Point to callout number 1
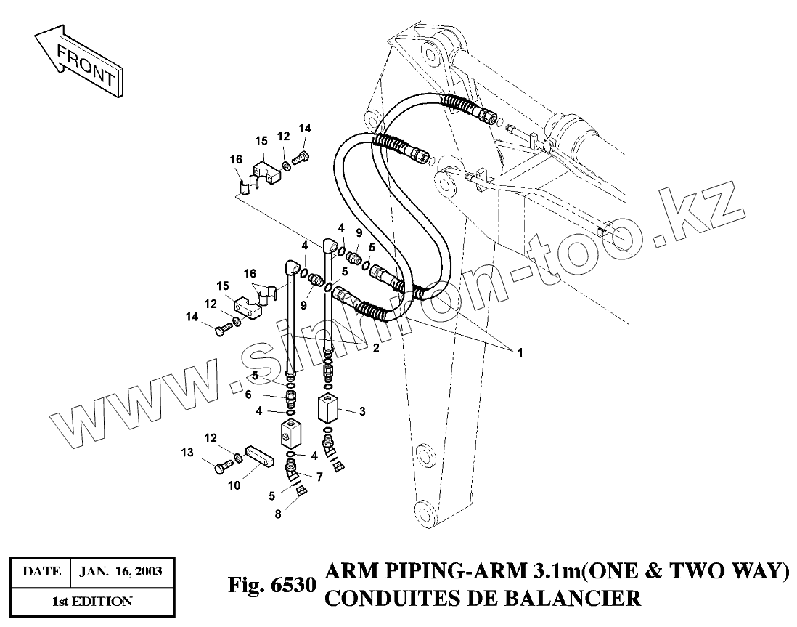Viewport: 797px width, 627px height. [520, 352]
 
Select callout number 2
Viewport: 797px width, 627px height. [376, 349]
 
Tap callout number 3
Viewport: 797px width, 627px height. [362, 411]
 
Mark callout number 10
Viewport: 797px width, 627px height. [234, 485]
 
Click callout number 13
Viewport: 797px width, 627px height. [188, 452]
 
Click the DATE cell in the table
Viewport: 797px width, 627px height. [41, 571]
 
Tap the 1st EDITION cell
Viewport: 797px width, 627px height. [91, 601]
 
